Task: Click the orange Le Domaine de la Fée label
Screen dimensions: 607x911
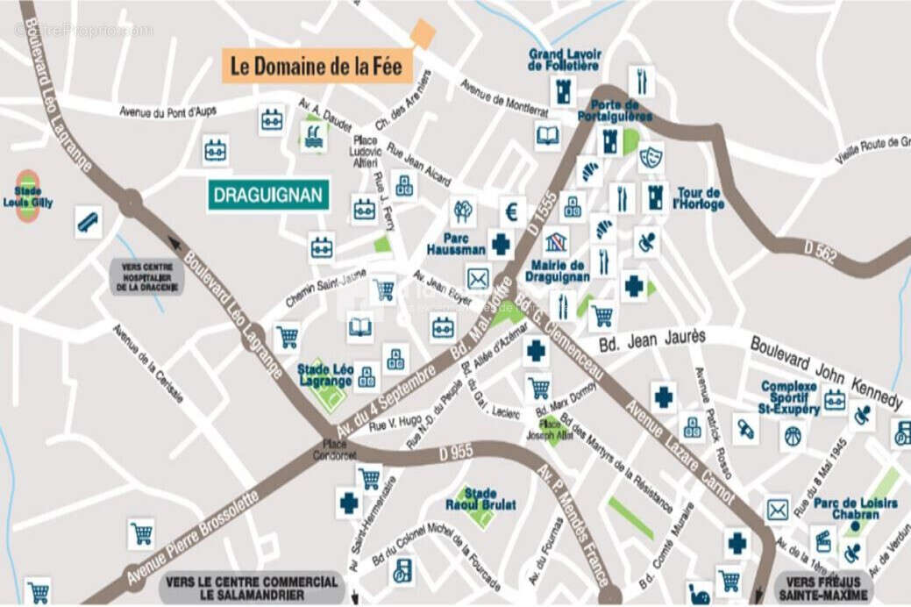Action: [317, 66]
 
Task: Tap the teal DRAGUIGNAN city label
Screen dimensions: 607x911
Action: [268, 195]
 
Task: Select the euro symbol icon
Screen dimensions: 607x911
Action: [512, 211]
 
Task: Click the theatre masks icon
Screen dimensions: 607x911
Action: [650, 157]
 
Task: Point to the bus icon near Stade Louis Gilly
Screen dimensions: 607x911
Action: [88, 222]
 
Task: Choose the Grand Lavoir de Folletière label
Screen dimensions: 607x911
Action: [564, 60]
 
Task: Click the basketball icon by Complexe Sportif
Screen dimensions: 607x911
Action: [793, 433]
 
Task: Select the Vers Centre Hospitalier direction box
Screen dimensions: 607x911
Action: [146, 276]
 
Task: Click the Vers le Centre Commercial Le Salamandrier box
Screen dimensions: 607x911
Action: [252, 589]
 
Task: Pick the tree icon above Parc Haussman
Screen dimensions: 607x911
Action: [463, 211]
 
